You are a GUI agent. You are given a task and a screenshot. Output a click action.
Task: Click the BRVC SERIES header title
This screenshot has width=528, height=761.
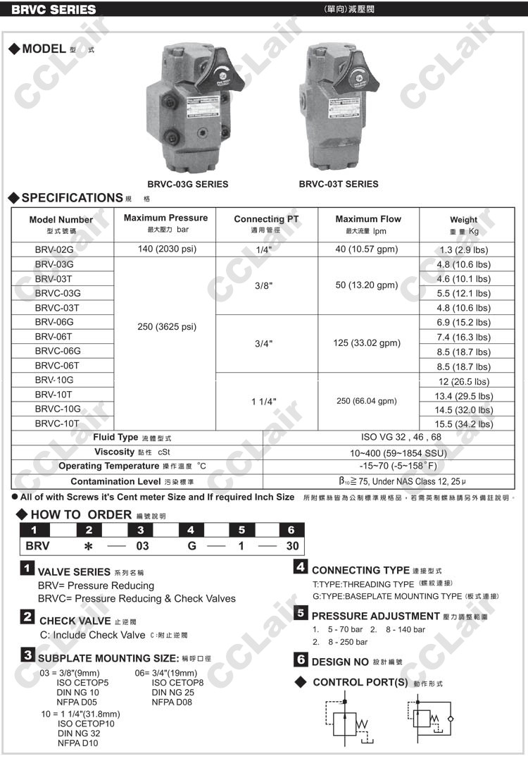(54, 10)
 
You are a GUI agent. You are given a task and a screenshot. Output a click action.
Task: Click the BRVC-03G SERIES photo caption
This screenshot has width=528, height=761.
(188, 184)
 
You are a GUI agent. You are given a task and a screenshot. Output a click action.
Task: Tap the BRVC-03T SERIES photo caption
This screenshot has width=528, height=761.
(339, 184)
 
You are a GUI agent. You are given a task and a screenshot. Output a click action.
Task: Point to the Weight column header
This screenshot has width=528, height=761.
(464, 224)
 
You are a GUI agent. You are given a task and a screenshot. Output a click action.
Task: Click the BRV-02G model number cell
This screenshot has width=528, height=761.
(54, 249)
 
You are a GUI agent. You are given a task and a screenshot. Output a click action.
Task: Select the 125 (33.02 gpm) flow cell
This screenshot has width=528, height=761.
(367, 343)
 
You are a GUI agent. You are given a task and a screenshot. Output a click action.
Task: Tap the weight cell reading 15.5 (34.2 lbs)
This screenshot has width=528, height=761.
(464, 424)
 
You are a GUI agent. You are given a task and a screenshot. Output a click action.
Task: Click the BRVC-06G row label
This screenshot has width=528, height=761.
(58, 351)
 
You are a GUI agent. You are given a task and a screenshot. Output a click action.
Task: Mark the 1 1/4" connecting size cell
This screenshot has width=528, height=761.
(263, 402)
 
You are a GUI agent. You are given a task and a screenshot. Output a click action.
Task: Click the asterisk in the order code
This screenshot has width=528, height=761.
(88, 546)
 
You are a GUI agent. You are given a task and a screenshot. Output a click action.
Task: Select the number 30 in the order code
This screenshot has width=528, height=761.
(292, 546)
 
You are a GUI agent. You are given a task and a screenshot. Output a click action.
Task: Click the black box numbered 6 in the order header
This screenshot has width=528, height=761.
(291, 530)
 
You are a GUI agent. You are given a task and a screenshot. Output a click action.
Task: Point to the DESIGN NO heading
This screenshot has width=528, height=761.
(341, 662)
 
